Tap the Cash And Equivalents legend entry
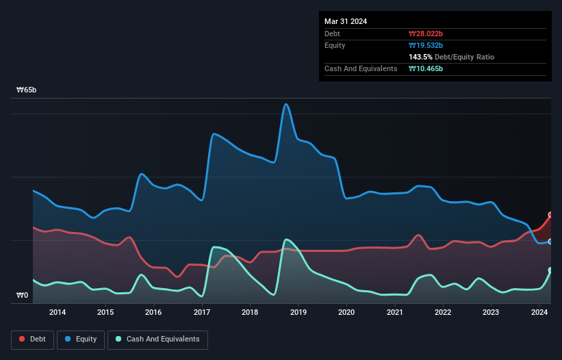[157, 339]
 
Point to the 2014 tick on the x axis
[58, 313]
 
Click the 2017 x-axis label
[202, 313]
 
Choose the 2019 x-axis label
[298, 313]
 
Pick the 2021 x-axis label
[394, 313]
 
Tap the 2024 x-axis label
[539, 313]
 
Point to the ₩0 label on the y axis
[23, 296]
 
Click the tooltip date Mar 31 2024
[346, 21]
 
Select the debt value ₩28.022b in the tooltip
[426, 34]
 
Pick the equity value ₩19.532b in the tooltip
[426, 45]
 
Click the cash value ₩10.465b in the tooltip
[426, 68]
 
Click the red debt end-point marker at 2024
[550, 215]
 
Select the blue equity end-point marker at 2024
[550, 242]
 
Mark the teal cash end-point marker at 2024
[550, 270]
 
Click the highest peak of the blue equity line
[285, 104]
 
